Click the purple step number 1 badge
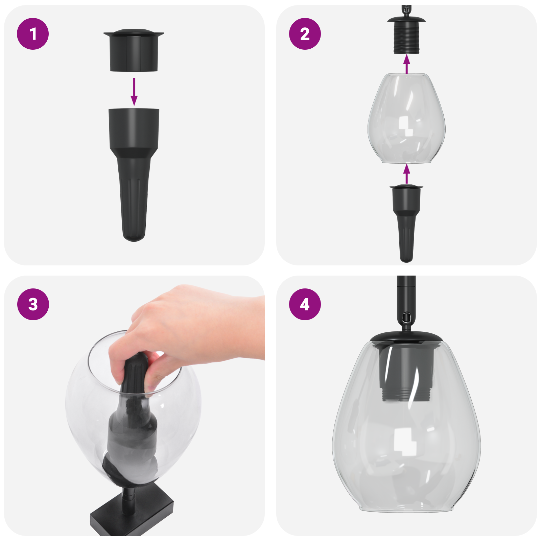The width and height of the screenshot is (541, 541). pyautogui.click(x=33, y=34)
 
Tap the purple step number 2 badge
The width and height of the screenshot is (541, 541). pyautogui.click(x=305, y=34)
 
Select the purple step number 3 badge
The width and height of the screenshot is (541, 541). pyautogui.click(x=33, y=304)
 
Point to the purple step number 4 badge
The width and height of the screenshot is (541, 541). pyautogui.click(x=305, y=304)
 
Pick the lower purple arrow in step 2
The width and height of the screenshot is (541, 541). pyautogui.click(x=407, y=174)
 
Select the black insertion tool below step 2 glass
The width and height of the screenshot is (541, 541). pyautogui.click(x=406, y=220)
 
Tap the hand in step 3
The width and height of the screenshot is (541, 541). pyautogui.click(x=189, y=325)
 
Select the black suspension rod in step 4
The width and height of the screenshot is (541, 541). pyautogui.click(x=406, y=294)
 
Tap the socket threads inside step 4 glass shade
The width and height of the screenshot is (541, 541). pyautogui.click(x=406, y=394)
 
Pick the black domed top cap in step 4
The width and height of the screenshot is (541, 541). pyautogui.click(x=406, y=336)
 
